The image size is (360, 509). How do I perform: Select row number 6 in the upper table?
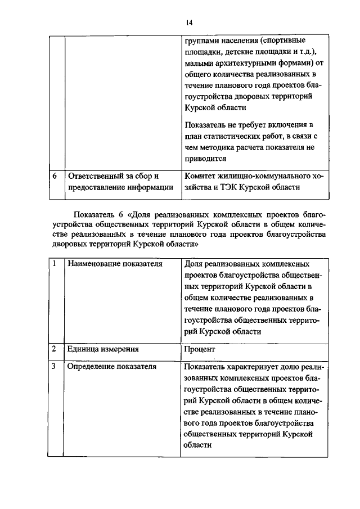55,175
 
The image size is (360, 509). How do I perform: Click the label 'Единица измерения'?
103,349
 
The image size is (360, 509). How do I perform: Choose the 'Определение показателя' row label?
111,367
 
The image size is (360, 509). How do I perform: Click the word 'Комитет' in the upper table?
200,175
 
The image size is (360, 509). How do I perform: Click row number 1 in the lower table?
55,263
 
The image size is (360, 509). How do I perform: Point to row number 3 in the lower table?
55,367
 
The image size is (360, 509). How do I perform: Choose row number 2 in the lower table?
55,349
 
